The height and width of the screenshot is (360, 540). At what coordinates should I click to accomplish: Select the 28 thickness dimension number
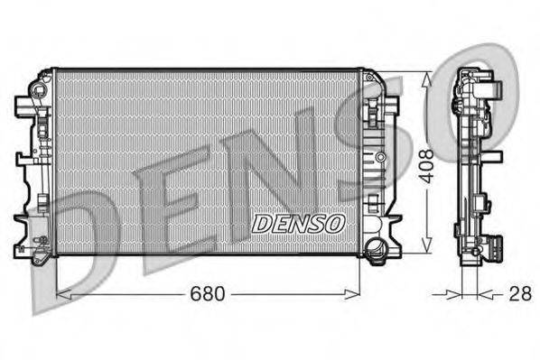pos(520,293)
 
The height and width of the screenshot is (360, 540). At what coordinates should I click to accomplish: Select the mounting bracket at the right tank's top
pos(374,90)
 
